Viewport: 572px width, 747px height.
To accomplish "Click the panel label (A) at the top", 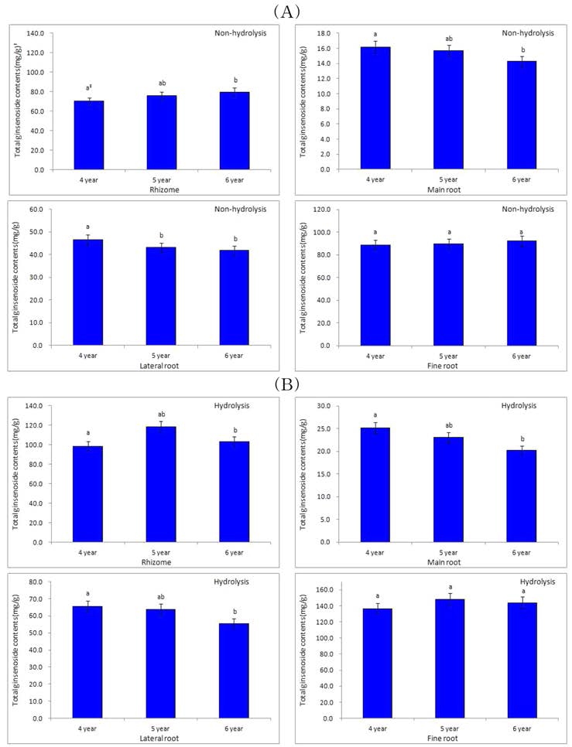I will coord(286,10).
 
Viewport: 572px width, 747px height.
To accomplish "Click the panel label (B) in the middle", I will coord(286,383).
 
